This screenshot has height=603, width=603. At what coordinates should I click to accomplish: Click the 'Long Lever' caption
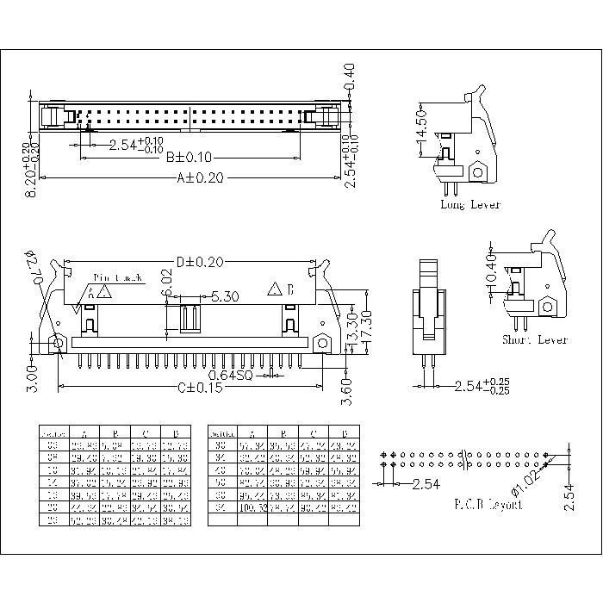coord(470,205)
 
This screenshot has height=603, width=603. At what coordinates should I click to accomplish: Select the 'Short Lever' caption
coord(535,340)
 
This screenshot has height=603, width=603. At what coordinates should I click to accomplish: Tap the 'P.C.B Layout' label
coord(488,504)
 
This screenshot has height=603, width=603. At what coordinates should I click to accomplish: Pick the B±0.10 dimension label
coord(190,158)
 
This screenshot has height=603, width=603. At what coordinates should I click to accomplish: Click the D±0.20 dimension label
coord(199,261)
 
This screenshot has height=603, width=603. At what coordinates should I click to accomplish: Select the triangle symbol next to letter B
coord(276,289)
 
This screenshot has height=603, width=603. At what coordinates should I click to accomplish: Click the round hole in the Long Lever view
coord(477,171)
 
